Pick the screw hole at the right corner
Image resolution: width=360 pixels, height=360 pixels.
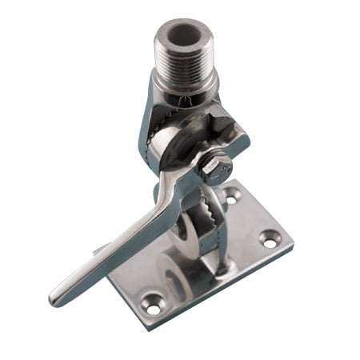coord(270,237)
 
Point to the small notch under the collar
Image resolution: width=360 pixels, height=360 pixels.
coord(186,105)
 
